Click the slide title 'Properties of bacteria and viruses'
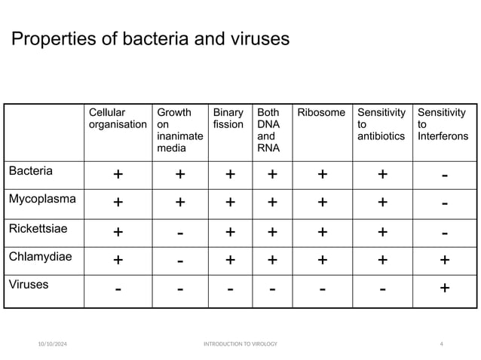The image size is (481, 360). pyautogui.click(x=150, y=39)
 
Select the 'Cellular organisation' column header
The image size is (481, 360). pyautogui.click(x=117, y=118)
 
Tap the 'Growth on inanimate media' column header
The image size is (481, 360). pyautogui.click(x=179, y=130)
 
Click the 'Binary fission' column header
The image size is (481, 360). pyautogui.click(x=228, y=118)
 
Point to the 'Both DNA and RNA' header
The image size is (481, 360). pyautogui.click(x=268, y=130)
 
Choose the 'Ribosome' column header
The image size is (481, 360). pyautogui.click(x=322, y=113)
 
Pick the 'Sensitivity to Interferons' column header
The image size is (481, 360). pyautogui.click(x=443, y=124)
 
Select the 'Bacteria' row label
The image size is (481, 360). pyautogui.click(x=31, y=171)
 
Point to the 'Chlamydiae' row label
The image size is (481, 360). pyautogui.click(x=41, y=256)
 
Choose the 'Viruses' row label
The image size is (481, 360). pyautogui.click(x=29, y=285)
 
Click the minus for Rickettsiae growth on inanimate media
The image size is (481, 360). pyautogui.click(x=180, y=233)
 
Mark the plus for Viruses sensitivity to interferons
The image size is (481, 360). pyautogui.click(x=444, y=288)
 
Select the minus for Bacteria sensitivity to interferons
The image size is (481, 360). pyautogui.click(x=444, y=175)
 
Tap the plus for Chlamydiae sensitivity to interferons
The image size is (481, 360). pyautogui.click(x=444, y=261)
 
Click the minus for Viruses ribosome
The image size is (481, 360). pyautogui.click(x=322, y=288)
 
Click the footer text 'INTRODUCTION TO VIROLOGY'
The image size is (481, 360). pyautogui.click(x=240, y=344)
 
